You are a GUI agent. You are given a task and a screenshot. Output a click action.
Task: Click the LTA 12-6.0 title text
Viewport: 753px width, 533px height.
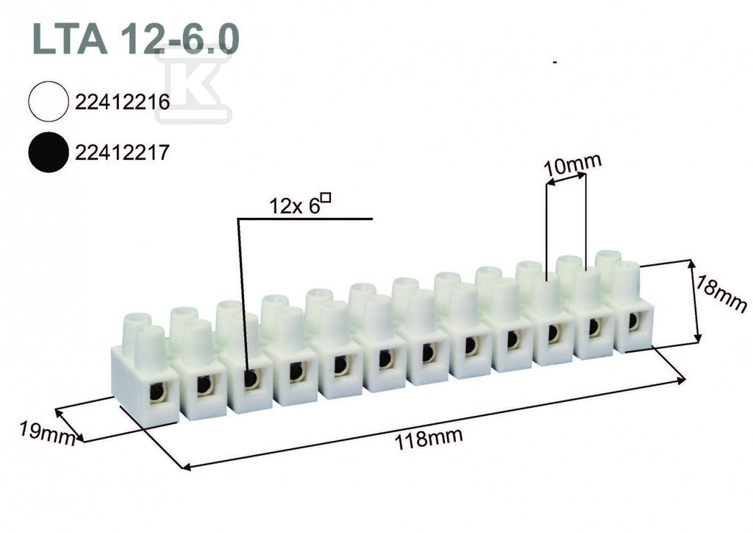(x=135, y=39)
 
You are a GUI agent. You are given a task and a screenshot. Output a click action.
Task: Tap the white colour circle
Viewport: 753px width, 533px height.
(x=48, y=102)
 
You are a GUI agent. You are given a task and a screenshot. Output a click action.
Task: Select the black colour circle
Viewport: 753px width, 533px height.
(x=48, y=152)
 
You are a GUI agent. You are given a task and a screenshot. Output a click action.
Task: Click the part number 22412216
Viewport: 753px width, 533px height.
(x=123, y=102)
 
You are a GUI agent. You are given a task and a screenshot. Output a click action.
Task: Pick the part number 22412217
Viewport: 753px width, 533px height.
(x=123, y=153)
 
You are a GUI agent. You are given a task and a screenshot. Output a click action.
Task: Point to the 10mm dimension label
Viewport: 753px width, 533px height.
(x=572, y=165)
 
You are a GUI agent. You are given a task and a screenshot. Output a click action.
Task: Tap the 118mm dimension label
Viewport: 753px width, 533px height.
(x=429, y=438)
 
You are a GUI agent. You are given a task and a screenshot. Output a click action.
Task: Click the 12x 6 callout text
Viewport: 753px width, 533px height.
(x=294, y=207)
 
